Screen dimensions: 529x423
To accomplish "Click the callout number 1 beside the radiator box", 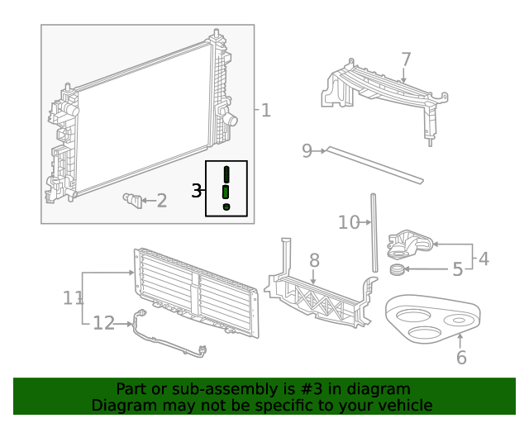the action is point(266,111).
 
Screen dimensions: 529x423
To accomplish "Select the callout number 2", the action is point(162,201).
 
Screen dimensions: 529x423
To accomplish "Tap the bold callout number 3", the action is point(197,191).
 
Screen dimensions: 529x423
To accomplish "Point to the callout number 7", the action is point(406,59).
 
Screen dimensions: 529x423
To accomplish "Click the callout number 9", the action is point(307,151).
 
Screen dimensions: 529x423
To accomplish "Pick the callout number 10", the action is point(349,222).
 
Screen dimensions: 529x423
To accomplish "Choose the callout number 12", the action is point(103,323).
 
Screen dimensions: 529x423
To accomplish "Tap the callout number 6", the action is point(461,358).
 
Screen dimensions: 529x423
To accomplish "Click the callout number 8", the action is point(314,260).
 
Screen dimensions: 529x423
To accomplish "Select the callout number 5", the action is point(457,269).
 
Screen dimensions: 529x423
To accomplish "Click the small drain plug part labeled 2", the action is point(133,201).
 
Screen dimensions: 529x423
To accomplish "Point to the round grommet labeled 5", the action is point(397,269).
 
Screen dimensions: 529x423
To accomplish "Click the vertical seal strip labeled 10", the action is point(374,232).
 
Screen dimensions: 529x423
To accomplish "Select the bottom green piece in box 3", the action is point(226,207).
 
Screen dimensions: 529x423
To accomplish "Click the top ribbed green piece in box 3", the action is point(226,174).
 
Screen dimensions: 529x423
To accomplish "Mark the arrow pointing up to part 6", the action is point(460,340).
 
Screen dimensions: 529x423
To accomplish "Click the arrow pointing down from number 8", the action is point(313,277).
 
